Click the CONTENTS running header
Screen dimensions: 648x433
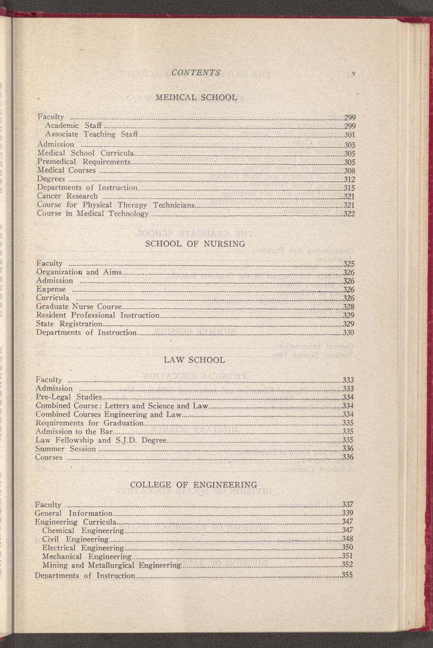click(196, 73)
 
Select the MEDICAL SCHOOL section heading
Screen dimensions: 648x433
click(196, 98)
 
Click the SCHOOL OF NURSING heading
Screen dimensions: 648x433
click(195, 244)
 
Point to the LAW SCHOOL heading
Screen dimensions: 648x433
click(194, 360)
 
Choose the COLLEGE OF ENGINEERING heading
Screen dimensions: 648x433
click(193, 484)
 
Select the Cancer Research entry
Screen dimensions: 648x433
click(68, 196)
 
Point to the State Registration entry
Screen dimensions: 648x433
click(69, 324)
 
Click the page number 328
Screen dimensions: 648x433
click(349, 307)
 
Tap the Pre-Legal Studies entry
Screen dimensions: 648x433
click(68, 397)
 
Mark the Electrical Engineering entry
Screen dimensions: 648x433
click(83, 548)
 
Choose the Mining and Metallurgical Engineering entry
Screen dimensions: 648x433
click(111, 564)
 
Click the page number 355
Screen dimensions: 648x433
click(347, 575)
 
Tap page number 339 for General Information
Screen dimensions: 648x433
click(348, 513)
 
